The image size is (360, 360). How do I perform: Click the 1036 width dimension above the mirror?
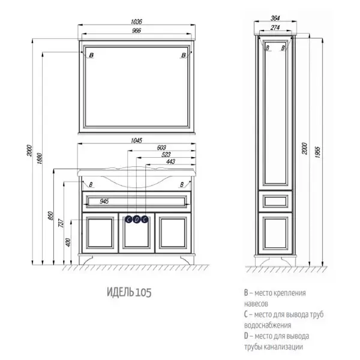point(136,22)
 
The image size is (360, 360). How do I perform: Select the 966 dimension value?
point(136,31)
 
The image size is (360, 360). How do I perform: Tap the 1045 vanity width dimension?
point(136,140)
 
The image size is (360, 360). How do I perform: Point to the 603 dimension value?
point(161,148)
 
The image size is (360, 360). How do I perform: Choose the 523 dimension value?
point(166,155)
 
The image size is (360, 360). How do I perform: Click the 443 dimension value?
point(170,161)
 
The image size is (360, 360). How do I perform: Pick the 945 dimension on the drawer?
point(104,202)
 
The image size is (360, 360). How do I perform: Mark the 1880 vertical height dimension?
point(40,158)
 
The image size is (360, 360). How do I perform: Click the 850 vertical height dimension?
point(51,215)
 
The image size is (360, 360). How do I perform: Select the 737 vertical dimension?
point(61,223)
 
